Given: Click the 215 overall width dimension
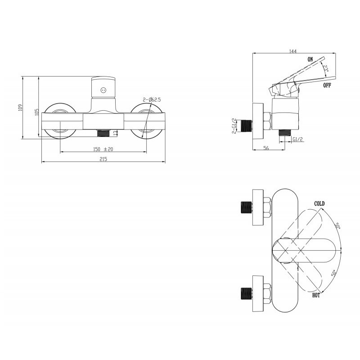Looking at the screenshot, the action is pyautogui.click(x=103, y=159).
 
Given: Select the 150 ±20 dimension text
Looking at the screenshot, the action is pyautogui.click(x=103, y=149).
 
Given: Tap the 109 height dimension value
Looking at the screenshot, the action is pyautogui.click(x=20, y=108).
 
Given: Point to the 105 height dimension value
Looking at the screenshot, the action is pyautogui.click(x=36, y=112).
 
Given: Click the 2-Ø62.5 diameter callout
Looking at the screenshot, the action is pyautogui.click(x=152, y=99).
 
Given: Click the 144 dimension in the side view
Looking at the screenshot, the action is pyautogui.click(x=293, y=51).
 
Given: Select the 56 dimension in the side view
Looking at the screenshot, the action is pyautogui.click(x=266, y=148).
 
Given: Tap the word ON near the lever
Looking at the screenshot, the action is pyautogui.click(x=310, y=59).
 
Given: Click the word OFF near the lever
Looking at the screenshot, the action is pyautogui.click(x=327, y=85).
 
